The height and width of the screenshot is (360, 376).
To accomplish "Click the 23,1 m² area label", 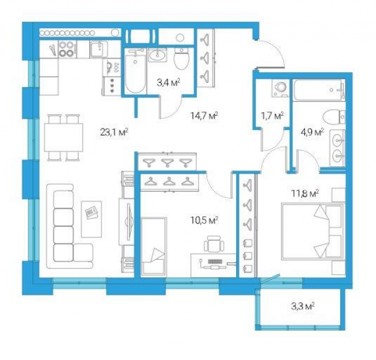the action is tap(115, 132).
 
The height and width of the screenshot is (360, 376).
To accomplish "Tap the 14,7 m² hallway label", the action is tap(204, 116).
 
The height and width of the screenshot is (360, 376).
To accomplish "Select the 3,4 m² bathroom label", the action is tap(169, 83).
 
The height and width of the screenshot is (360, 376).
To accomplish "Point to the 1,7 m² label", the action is tap(273, 116).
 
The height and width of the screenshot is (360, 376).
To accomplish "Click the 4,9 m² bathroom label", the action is tap(312, 132).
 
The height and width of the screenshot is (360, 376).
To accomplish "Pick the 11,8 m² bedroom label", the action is tap(305, 193).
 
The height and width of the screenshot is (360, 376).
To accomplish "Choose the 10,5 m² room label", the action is tap(204, 220).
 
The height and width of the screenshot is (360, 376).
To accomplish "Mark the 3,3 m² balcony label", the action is tap(303, 307).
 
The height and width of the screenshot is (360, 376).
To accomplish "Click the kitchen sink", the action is tap(99, 49).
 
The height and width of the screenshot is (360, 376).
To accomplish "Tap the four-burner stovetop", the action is tap(66, 49).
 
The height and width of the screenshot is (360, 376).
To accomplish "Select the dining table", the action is tap(63, 137).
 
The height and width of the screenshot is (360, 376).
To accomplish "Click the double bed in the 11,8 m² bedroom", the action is tap(313, 231).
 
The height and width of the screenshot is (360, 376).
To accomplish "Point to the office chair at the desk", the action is tap(214, 244).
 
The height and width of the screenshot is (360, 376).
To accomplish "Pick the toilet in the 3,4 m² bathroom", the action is tap(182, 59).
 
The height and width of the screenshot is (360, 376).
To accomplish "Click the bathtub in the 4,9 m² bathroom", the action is tap(320, 90).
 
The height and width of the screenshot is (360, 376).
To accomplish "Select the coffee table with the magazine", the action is tap(92, 219).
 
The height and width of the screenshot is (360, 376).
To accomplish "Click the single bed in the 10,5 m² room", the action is tap(153, 247).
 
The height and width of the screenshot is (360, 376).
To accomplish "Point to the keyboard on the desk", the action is tap(216, 261).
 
